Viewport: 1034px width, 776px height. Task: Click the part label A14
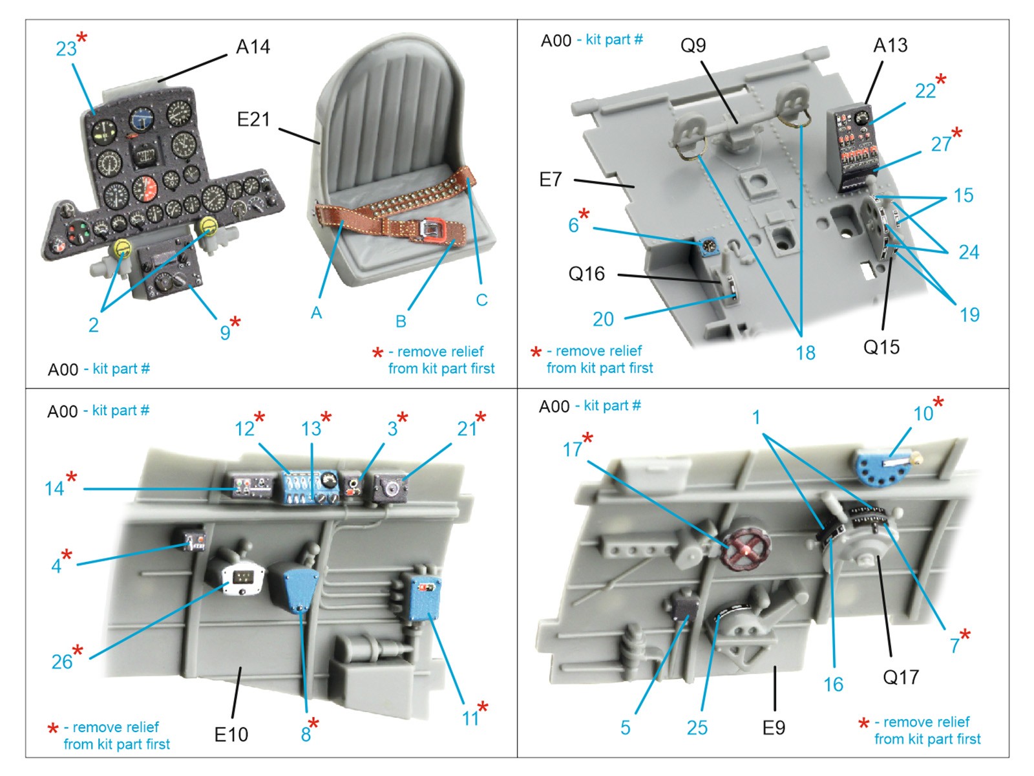coord(253,47)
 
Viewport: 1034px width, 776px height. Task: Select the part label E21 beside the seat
coord(253,120)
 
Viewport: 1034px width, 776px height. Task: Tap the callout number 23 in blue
coord(66,49)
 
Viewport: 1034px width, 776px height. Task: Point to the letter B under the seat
coord(401,321)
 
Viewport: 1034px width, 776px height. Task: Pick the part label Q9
coord(693,45)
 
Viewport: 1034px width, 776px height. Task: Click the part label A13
coord(890,45)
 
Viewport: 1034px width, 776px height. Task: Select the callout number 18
coord(805,353)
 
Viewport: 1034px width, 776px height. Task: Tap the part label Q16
coord(586,274)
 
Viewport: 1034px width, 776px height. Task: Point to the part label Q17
coord(900,677)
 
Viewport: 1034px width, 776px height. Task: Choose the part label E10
coord(231,735)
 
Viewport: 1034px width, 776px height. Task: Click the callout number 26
coord(62,662)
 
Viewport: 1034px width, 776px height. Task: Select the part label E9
coord(774,728)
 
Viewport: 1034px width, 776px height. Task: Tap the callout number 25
coord(697,728)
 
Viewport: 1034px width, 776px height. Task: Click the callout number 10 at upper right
coord(923,414)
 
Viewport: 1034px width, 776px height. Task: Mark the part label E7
coord(551,179)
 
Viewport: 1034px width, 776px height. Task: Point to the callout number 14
coord(54,488)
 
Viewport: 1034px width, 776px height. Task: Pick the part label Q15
coord(881,347)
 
